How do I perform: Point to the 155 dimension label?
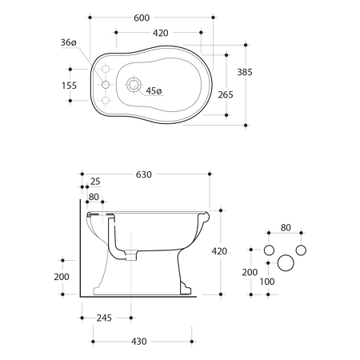[x=70, y=84]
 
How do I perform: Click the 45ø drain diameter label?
[x=153, y=90]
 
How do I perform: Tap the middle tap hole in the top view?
[x=104, y=84]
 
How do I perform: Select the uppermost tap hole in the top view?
[x=104, y=69]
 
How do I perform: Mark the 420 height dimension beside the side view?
[x=219, y=251]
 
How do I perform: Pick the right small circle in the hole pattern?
[x=301, y=250]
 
